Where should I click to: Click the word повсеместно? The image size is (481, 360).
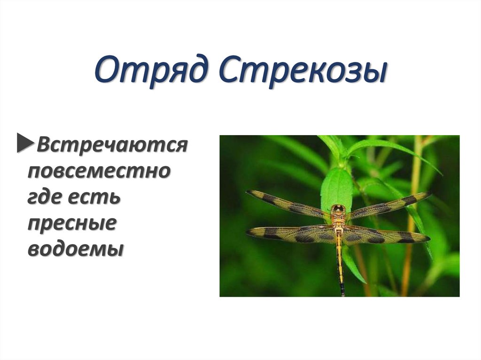tap(98, 171)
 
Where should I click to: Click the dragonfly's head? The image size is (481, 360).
tap(338, 208)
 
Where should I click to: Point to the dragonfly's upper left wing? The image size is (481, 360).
tap(287, 204)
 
